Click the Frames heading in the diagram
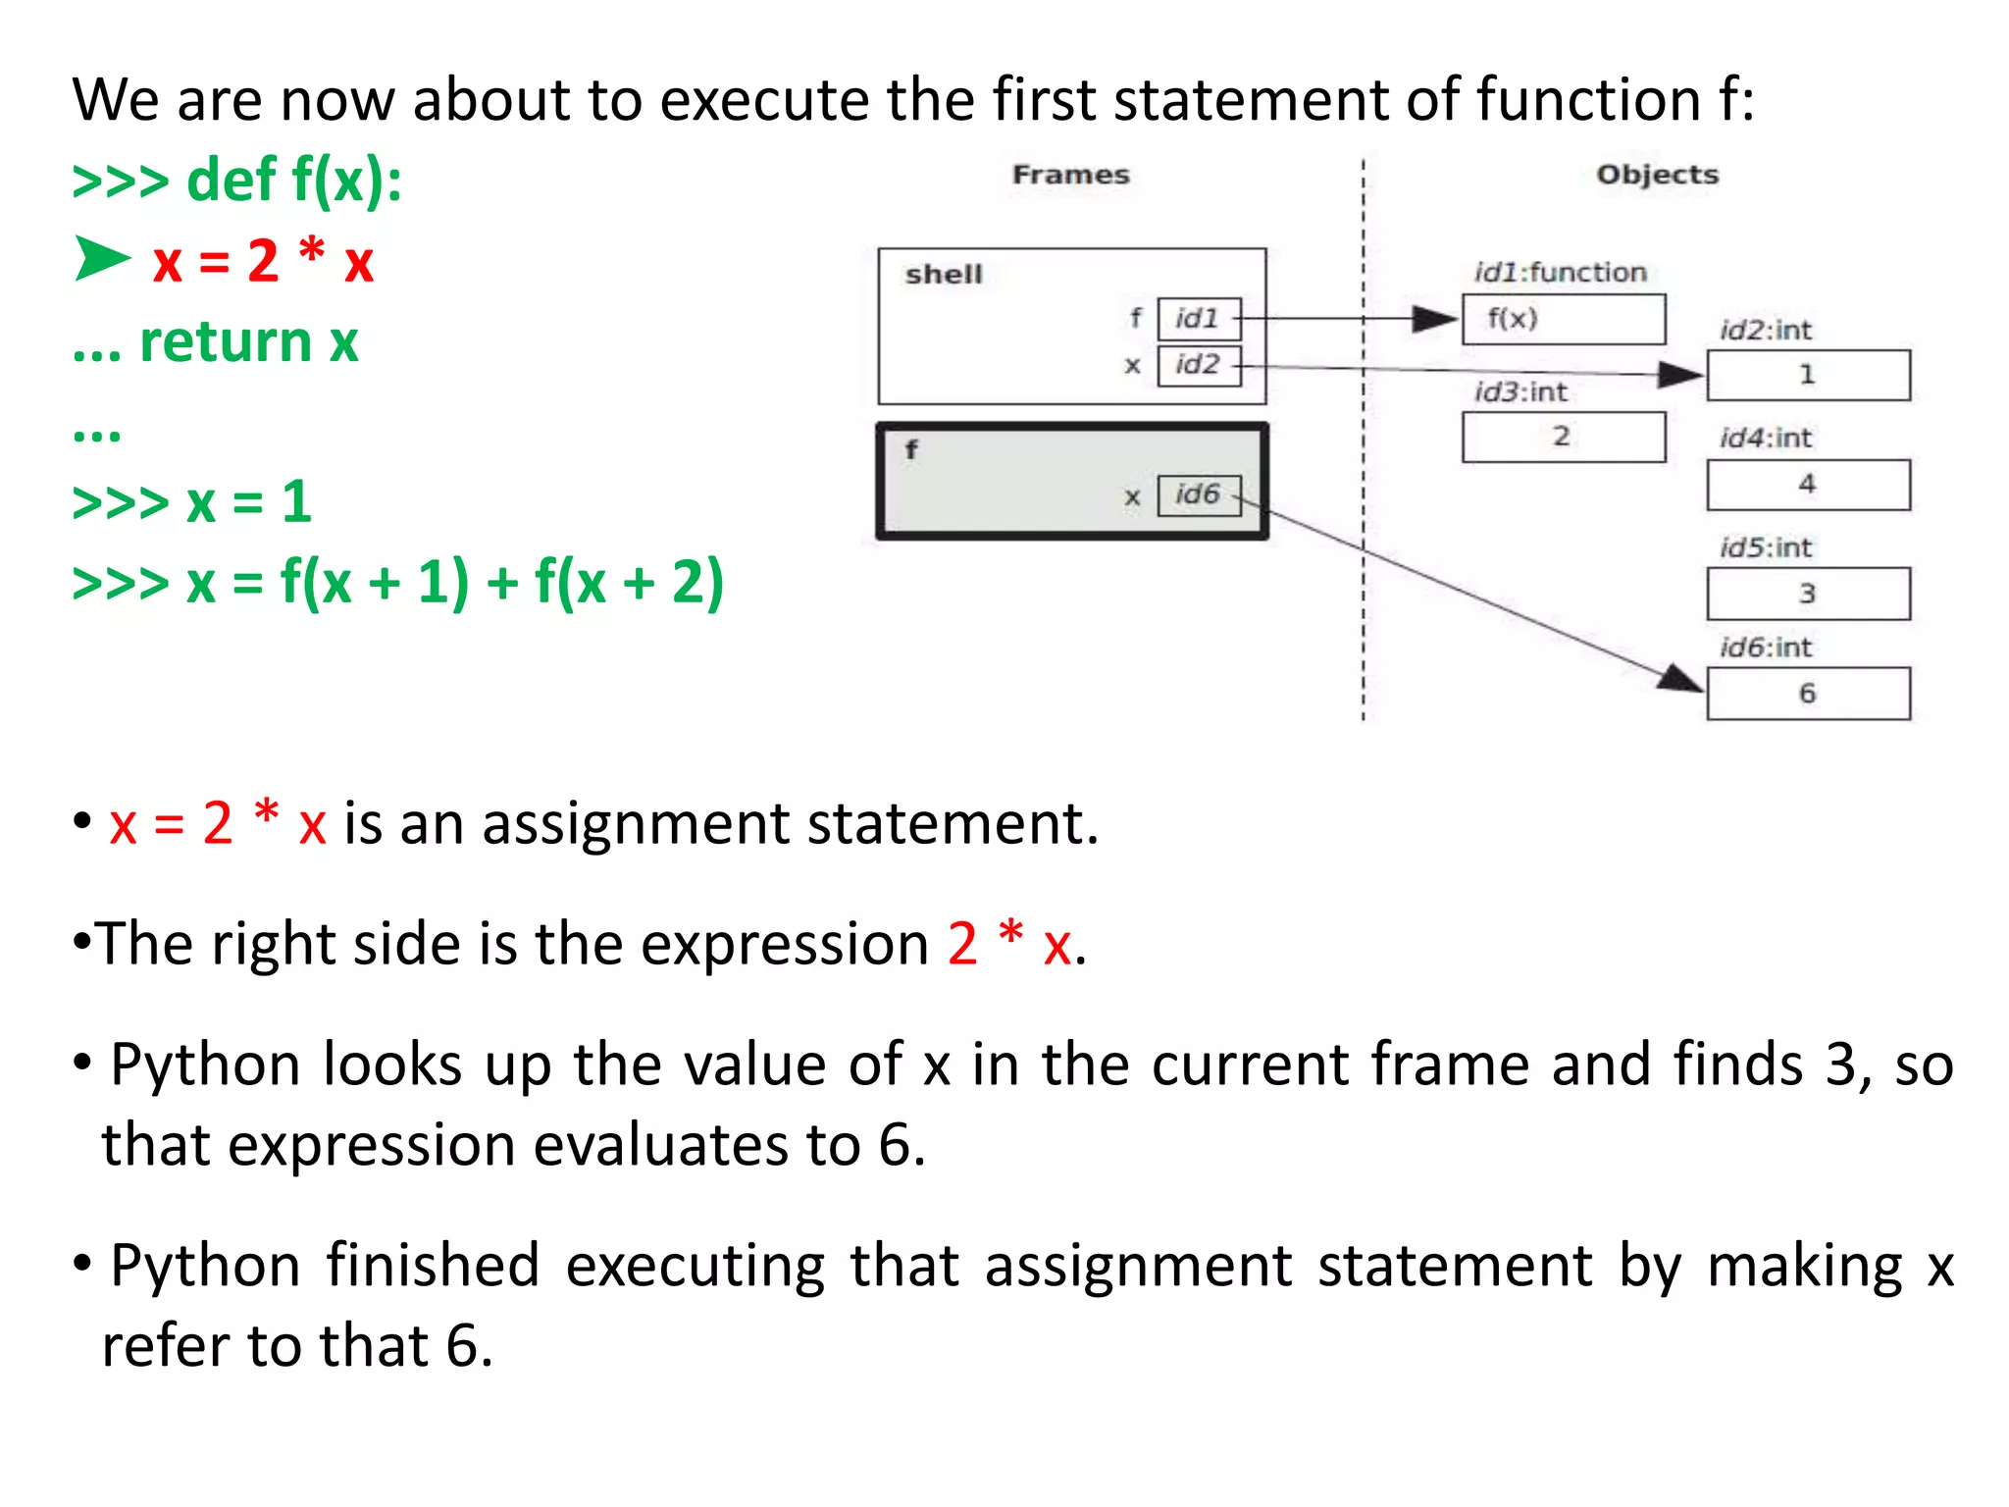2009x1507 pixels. (x=1070, y=175)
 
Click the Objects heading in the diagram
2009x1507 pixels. (x=1657, y=175)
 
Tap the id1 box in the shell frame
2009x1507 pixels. (x=1199, y=319)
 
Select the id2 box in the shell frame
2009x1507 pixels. (x=1199, y=365)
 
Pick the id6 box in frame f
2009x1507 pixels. (x=1199, y=494)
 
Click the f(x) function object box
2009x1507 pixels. (x=1563, y=319)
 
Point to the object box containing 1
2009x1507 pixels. (x=1808, y=375)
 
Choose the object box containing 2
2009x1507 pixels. (x=1563, y=437)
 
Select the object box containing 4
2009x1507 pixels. (x=1808, y=485)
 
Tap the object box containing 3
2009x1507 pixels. (x=1808, y=594)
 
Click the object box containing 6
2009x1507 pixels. (x=1808, y=694)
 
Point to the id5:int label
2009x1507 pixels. (x=1766, y=547)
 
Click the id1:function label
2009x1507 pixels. (x=1560, y=273)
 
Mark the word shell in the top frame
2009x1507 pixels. (x=944, y=275)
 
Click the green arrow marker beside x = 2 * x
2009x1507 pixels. (x=102, y=259)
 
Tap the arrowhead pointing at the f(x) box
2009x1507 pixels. (x=1434, y=319)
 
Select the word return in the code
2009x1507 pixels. (x=226, y=342)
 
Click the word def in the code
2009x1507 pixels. (x=232, y=181)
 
